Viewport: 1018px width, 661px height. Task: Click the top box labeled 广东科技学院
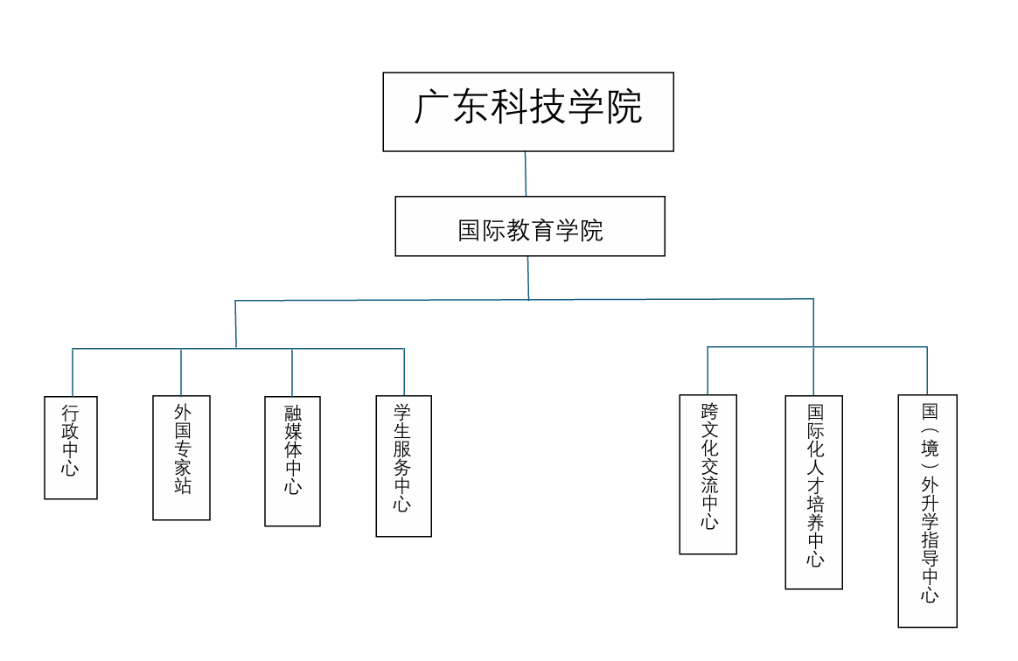528,112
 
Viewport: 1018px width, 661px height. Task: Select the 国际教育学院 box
530,226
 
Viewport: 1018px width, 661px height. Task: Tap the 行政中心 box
71,448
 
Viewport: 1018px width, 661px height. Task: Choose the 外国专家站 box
181,458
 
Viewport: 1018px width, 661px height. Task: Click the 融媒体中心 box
292,462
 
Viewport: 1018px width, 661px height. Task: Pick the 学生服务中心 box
403,466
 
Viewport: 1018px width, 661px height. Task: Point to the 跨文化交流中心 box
708,475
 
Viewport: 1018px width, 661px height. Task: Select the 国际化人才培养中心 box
813,492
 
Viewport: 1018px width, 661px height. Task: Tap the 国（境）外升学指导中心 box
927,511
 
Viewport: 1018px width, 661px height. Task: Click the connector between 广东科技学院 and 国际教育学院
526,174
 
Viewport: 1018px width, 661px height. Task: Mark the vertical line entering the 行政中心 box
73,372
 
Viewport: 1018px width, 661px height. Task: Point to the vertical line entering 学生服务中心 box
404,372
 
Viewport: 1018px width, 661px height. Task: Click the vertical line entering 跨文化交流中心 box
708,371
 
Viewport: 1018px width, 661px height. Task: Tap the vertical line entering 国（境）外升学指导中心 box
927,371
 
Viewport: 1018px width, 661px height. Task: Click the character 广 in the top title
432,108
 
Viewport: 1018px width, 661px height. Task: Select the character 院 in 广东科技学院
624,108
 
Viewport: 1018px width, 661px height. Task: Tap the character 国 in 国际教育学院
471,231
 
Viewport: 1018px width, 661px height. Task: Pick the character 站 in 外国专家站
182,486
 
